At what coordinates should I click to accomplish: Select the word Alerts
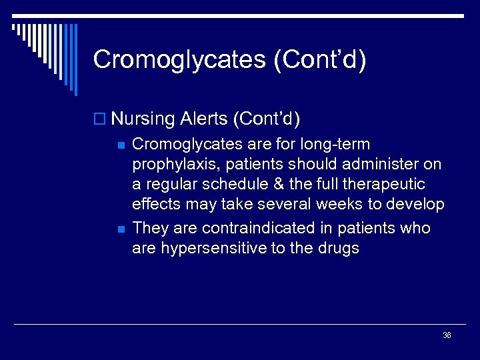coord(203,119)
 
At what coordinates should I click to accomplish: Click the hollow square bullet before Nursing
coord(101,120)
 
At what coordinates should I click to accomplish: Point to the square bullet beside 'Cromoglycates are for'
coord(120,145)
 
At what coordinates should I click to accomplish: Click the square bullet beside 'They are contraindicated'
coord(120,229)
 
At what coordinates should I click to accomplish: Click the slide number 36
coord(447,335)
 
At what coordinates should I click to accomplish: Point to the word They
coord(151,228)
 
